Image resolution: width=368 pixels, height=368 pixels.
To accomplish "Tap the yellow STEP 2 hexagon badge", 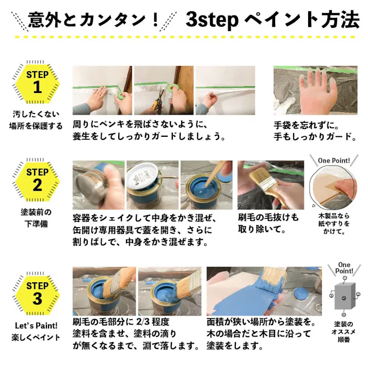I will [37, 181].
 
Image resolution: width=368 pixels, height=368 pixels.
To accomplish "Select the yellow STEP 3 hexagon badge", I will [37, 293].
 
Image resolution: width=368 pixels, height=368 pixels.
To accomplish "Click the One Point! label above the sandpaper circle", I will [334, 161].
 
